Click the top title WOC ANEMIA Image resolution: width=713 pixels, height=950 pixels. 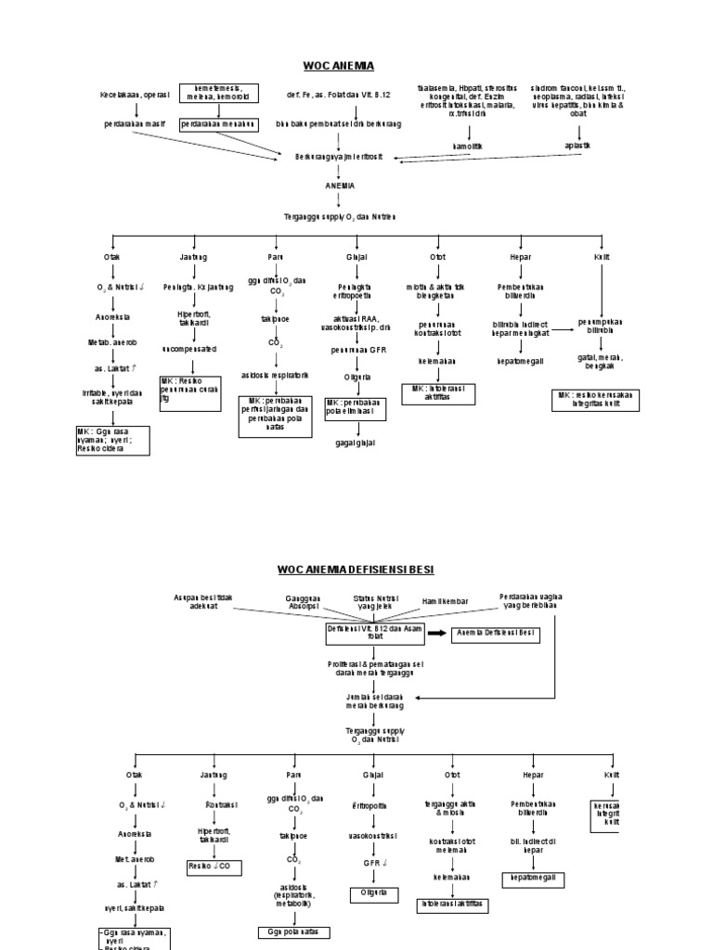338,66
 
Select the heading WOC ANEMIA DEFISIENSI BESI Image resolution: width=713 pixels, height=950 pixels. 355,569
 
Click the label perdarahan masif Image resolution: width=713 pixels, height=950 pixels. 136,123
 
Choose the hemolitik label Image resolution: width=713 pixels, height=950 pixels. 467,147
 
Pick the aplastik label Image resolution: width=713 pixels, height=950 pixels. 577,146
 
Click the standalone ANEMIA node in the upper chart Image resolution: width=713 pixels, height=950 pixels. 340,186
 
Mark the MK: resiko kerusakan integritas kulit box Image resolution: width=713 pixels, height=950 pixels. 596,399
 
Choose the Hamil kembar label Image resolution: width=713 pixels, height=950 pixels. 446,602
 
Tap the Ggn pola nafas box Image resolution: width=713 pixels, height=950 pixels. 293,931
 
